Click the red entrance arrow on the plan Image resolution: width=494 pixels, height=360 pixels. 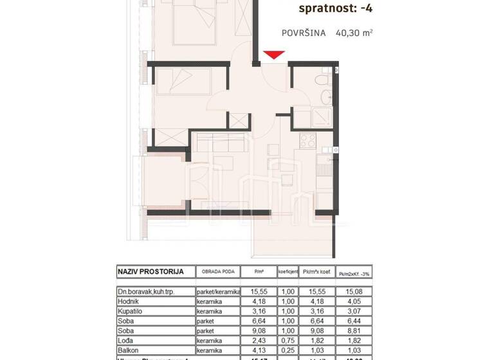(x=273, y=55)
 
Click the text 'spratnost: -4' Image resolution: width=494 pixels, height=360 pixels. (x=336, y=9)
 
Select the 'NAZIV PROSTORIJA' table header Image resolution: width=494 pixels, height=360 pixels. (x=151, y=271)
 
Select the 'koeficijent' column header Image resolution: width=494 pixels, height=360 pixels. (x=287, y=272)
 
